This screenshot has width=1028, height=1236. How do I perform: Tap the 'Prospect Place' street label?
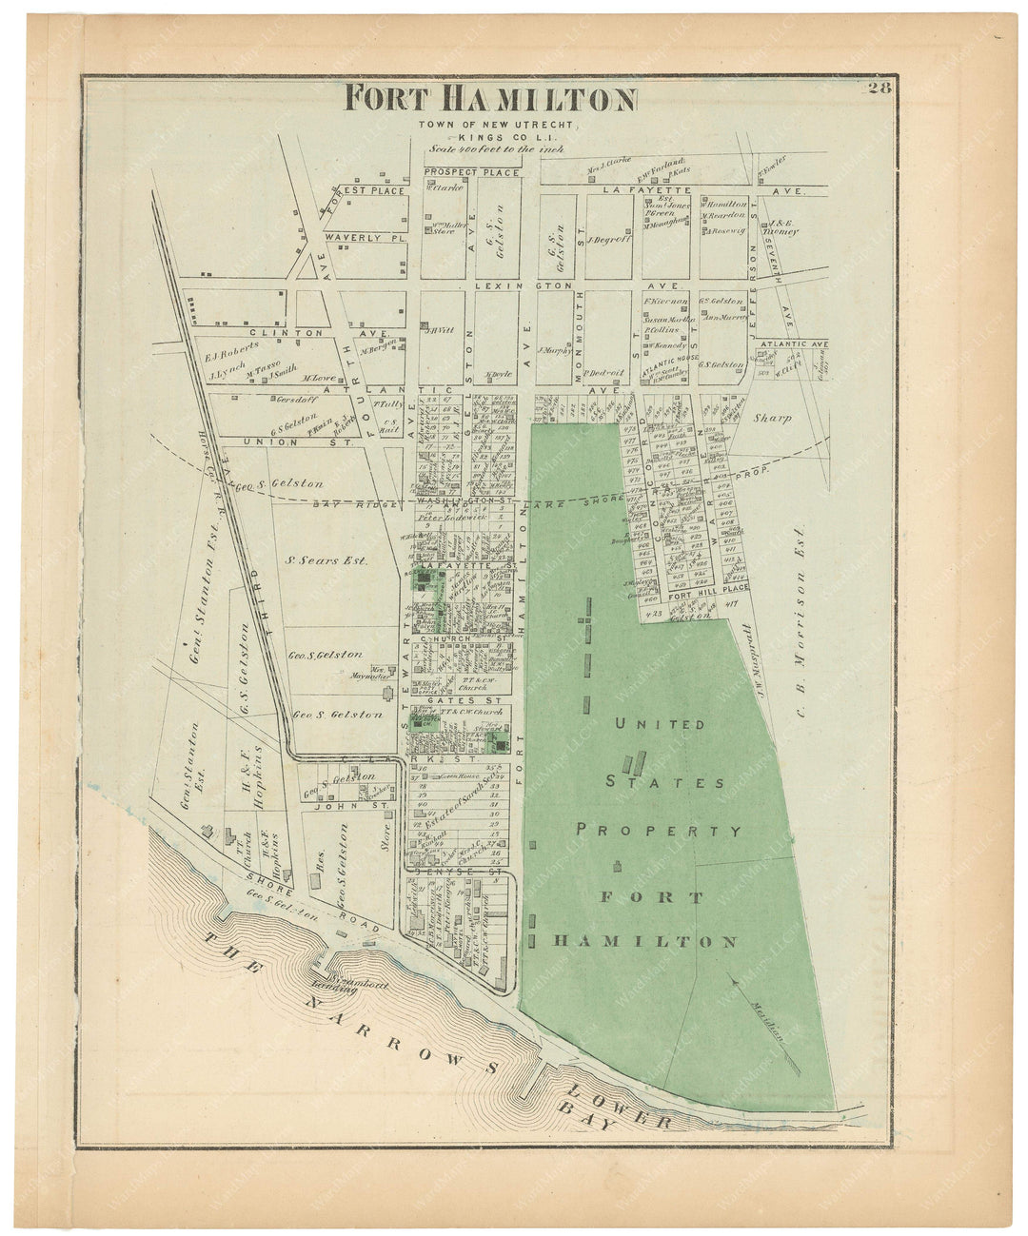[x=472, y=172]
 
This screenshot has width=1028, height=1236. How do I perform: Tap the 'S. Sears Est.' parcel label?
[x=327, y=561]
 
